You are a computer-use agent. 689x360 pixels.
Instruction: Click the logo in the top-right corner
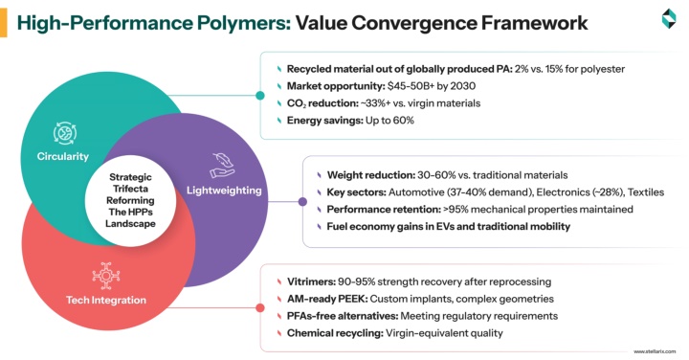coord(669,18)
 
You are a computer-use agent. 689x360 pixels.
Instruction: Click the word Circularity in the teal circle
coord(63,156)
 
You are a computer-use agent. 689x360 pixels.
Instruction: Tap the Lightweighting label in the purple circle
coord(224,191)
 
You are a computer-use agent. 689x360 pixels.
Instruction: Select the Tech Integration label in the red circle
coord(106,301)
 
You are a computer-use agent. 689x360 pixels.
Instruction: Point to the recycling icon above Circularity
coord(65,133)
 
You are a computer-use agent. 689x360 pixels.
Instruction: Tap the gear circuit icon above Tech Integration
coord(106,276)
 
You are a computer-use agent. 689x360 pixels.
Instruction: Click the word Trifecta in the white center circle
coord(130,189)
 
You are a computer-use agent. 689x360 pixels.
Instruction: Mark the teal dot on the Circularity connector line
coord(260,96)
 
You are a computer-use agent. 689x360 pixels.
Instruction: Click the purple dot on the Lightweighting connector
coord(302,202)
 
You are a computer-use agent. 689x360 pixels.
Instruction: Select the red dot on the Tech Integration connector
coord(260,308)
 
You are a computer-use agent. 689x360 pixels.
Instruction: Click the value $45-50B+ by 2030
coord(432,86)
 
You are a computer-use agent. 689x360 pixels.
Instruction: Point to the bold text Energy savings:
coord(325,121)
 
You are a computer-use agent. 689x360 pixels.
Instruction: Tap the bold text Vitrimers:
coord(312,281)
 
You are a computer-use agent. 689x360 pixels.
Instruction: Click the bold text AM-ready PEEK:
coord(327,299)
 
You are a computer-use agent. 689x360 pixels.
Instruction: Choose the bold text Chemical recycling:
coord(335,333)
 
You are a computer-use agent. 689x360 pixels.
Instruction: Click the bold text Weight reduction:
coord(371,175)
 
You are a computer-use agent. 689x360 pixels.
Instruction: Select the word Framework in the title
coord(534,23)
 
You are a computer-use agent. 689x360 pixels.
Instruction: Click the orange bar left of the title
coord(4,23)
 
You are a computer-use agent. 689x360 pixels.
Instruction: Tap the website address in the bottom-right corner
coord(655,351)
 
